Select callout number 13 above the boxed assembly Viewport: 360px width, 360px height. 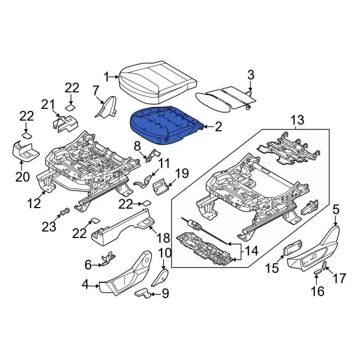tap(297, 120)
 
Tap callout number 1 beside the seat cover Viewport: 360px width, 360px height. tap(107, 77)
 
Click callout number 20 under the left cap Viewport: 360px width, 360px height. tap(22, 177)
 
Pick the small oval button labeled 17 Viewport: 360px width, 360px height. tap(325, 265)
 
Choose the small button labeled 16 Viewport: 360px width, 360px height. tap(317, 271)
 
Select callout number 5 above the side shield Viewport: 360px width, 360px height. tap(336, 210)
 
